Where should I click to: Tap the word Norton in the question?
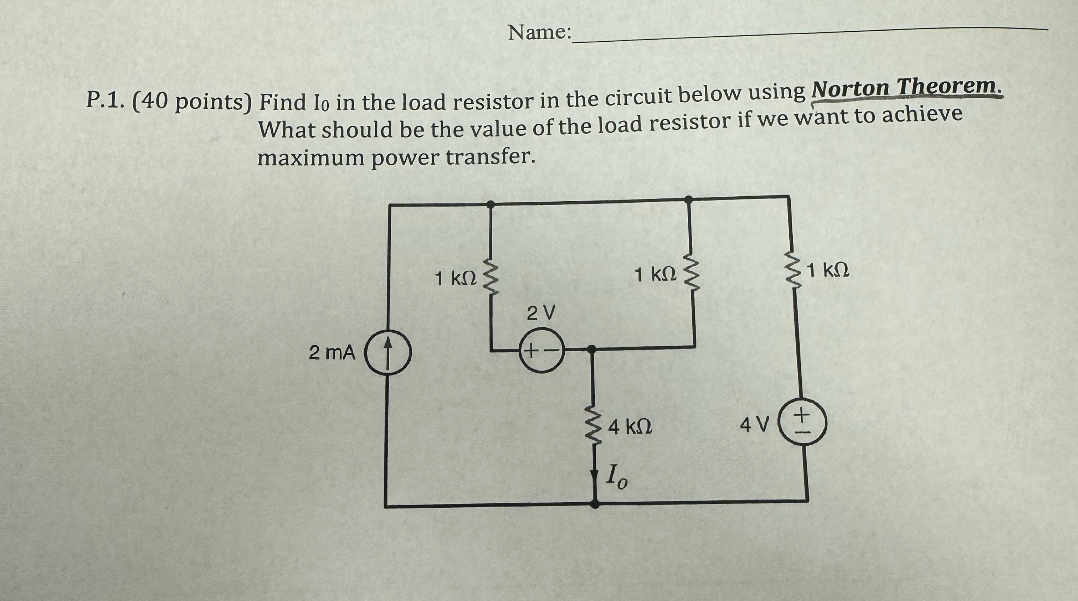(850, 89)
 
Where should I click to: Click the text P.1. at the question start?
(104, 101)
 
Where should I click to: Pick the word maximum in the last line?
(310, 159)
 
